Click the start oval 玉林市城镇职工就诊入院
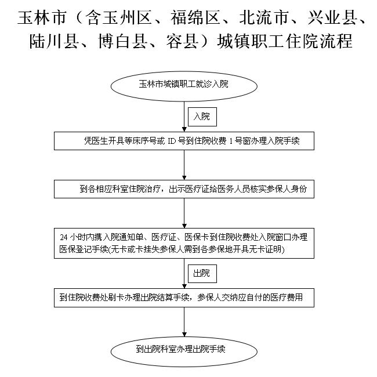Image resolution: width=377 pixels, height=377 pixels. pos(184,85)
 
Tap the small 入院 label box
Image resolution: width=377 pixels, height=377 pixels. pos(201,117)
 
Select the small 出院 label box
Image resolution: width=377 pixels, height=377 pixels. pos(201,272)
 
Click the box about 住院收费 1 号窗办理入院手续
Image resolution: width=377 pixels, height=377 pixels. pos(184,141)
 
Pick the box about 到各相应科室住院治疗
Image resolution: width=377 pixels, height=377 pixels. pos(184,189)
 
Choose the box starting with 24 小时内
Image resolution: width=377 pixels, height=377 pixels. pos(184,243)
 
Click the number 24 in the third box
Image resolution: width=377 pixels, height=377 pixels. pos(64,237)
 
